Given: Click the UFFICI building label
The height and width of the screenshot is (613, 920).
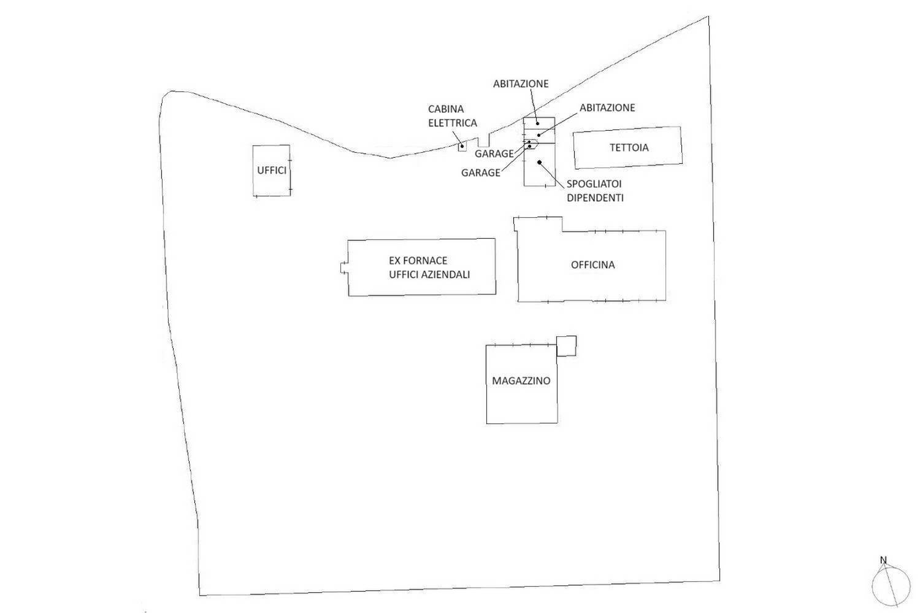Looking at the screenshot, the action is [x=272, y=171].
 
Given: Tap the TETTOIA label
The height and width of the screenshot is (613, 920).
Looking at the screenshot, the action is [x=629, y=147].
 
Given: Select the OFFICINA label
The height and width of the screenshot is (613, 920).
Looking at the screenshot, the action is [x=592, y=265].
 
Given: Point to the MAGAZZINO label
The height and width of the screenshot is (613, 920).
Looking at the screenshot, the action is [x=521, y=381].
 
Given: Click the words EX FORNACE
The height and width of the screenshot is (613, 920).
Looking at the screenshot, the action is [x=418, y=261].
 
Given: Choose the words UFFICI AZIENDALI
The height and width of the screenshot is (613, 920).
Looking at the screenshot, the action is [x=429, y=274].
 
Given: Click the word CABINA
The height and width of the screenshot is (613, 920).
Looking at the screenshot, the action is [x=446, y=109].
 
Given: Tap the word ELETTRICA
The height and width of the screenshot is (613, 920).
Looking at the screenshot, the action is [x=453, y=123].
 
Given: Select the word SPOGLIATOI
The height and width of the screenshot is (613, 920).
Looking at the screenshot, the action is [x=594, y=183].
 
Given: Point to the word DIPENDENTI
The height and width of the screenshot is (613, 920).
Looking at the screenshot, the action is [x=595, y=198].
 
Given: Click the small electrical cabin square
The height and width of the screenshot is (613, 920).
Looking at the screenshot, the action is [x=462, y=147].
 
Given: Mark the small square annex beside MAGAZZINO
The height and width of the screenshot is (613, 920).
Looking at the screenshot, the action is [x=566, y=346].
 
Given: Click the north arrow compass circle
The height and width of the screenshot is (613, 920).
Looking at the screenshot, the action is [x=891, y=587].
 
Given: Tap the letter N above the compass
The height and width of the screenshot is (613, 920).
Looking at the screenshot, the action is [x=883, y=560].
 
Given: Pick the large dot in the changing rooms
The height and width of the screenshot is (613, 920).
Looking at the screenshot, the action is [x=539, y=162].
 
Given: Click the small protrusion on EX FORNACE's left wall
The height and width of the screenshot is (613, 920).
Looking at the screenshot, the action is [x=344, y=268].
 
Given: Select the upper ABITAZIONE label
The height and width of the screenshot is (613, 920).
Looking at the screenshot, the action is [x=521, y=84].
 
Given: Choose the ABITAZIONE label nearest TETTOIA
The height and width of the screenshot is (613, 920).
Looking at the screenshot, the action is [x=607, y=107].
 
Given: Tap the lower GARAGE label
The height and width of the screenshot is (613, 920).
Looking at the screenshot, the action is [x=480, y=173].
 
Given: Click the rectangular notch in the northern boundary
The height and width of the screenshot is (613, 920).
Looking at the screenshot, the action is [x=483, y=141].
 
